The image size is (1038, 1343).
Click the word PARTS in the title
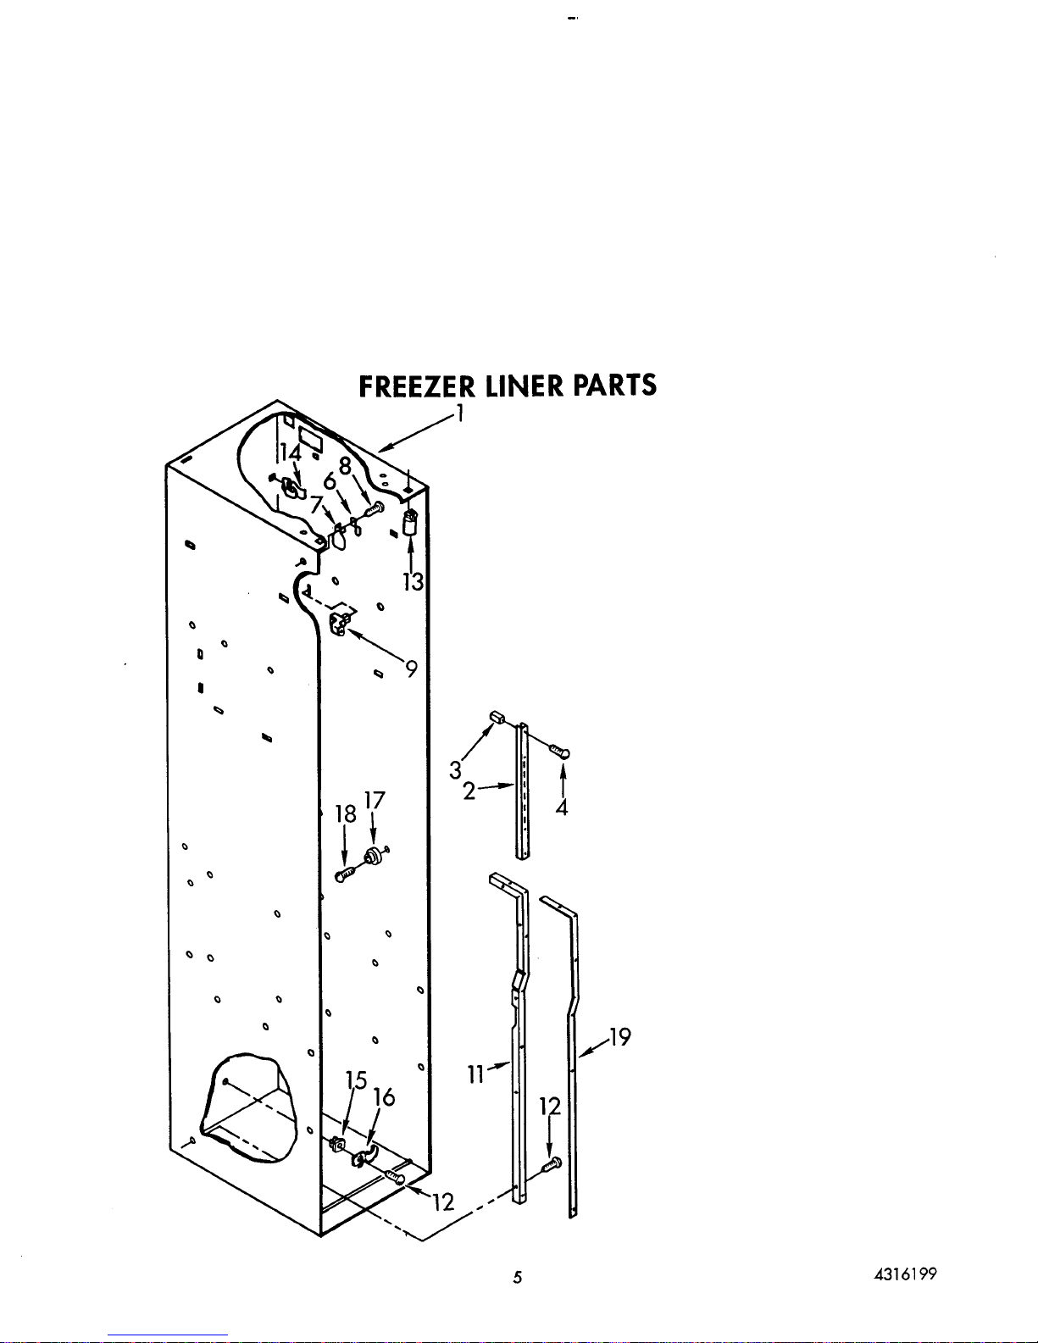[x=614, y=386]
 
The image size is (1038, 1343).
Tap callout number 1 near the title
[x=459, y=413]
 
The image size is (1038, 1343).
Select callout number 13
[x=412, y=582]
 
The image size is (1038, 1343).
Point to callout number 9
[x=411, y=669]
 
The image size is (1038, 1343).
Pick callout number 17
[x=375, y=801]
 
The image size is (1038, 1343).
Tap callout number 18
[x=345, y=814]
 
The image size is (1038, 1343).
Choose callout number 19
[x=621, y=1036]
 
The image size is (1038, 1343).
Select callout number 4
[x=562, y=807]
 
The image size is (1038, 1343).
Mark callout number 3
[x=456, y=770]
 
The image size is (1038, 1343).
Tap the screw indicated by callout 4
[x=559, y=751]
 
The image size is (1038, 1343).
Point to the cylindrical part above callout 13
[x=412, y=523]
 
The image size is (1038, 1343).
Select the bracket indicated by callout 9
[x=340, y=624]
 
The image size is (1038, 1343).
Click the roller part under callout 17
[x=371, y=857]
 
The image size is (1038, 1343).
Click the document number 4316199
[x=907, y=1274]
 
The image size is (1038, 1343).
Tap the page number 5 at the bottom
[x=517, y=1278]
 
